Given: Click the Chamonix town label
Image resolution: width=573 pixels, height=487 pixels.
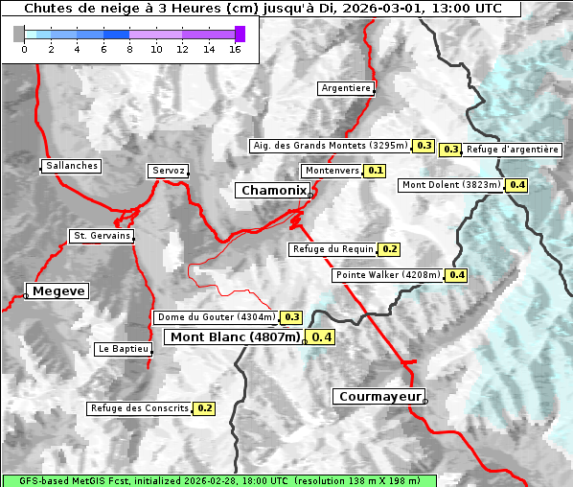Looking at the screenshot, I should (x=273, y=191).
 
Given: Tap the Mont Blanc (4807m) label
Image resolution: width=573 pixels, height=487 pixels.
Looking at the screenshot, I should (x=234, y=337).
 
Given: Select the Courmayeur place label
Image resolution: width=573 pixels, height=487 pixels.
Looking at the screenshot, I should (x=379, y=396).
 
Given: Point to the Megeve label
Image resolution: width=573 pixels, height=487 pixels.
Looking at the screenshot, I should (x=58, y=290).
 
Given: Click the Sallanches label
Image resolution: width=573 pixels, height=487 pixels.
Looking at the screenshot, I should (x=72, y=166).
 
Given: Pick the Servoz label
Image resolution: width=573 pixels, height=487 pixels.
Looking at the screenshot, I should (x=169, y=171).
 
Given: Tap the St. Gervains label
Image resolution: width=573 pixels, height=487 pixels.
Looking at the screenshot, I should (x=103, y=236).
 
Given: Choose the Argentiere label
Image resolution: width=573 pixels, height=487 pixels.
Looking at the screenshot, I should (x=346, y=88).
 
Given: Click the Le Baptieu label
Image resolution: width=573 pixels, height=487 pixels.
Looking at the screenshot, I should (x=123, y=349).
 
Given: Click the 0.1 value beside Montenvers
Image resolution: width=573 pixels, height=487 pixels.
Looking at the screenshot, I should (x=376, y=171).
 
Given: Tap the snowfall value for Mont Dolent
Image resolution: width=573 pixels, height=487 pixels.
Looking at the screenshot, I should (x=517, y=185).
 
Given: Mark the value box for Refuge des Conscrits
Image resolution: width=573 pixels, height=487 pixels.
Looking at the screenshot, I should (x=204, y=408).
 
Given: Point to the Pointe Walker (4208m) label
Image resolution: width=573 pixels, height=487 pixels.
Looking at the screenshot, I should (x=388, y=275).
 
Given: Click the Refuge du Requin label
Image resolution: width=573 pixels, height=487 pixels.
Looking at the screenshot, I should (x=332, y=249).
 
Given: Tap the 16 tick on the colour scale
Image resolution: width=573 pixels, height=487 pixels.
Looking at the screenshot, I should (x=235, y=49).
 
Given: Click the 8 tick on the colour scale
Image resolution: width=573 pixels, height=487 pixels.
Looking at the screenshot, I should (x=129, y=49).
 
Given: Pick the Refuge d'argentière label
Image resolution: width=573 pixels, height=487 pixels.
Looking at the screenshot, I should (x=513, y=150).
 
